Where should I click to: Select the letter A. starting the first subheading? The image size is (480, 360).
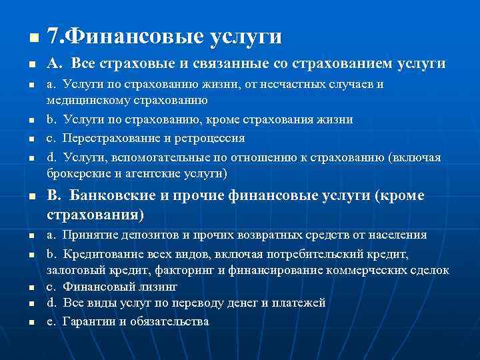tap(54, 64)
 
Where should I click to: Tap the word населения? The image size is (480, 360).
tap(398, 235)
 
